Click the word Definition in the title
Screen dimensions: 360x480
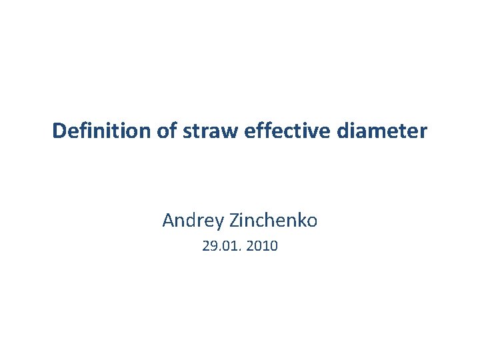103,131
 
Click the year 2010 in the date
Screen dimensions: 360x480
262,247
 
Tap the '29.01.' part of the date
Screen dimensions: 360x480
221,247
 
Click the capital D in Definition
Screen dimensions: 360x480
59,131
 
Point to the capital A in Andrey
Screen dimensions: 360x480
168,219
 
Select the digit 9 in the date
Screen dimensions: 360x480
212,247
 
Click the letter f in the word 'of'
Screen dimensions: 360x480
172,131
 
